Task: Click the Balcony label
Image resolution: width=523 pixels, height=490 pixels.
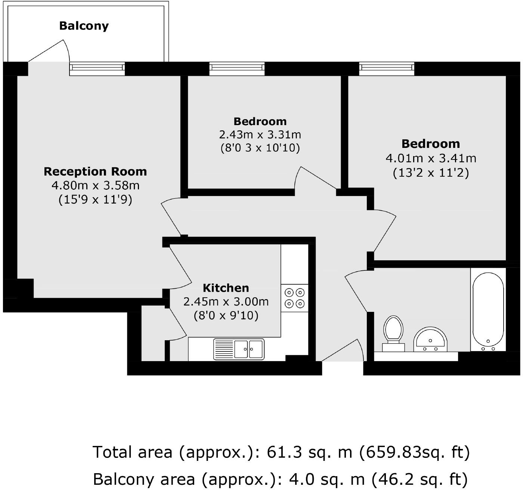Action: [84, 26]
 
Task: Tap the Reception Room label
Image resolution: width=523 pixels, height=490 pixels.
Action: [95, 171]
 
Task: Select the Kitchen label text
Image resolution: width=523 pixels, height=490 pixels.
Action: [226, 288]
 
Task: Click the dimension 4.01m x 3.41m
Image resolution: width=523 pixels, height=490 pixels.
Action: [431, 158]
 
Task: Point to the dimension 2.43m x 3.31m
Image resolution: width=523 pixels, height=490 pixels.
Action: [260, 134]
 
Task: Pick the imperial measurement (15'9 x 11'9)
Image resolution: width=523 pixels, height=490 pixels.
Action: [95, 199]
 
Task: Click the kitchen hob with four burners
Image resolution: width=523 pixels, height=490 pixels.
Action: [294, 298]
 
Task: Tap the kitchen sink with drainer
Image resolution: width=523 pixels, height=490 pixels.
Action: [239, 349]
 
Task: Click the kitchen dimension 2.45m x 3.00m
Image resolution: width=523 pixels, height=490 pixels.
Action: [226, 301]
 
